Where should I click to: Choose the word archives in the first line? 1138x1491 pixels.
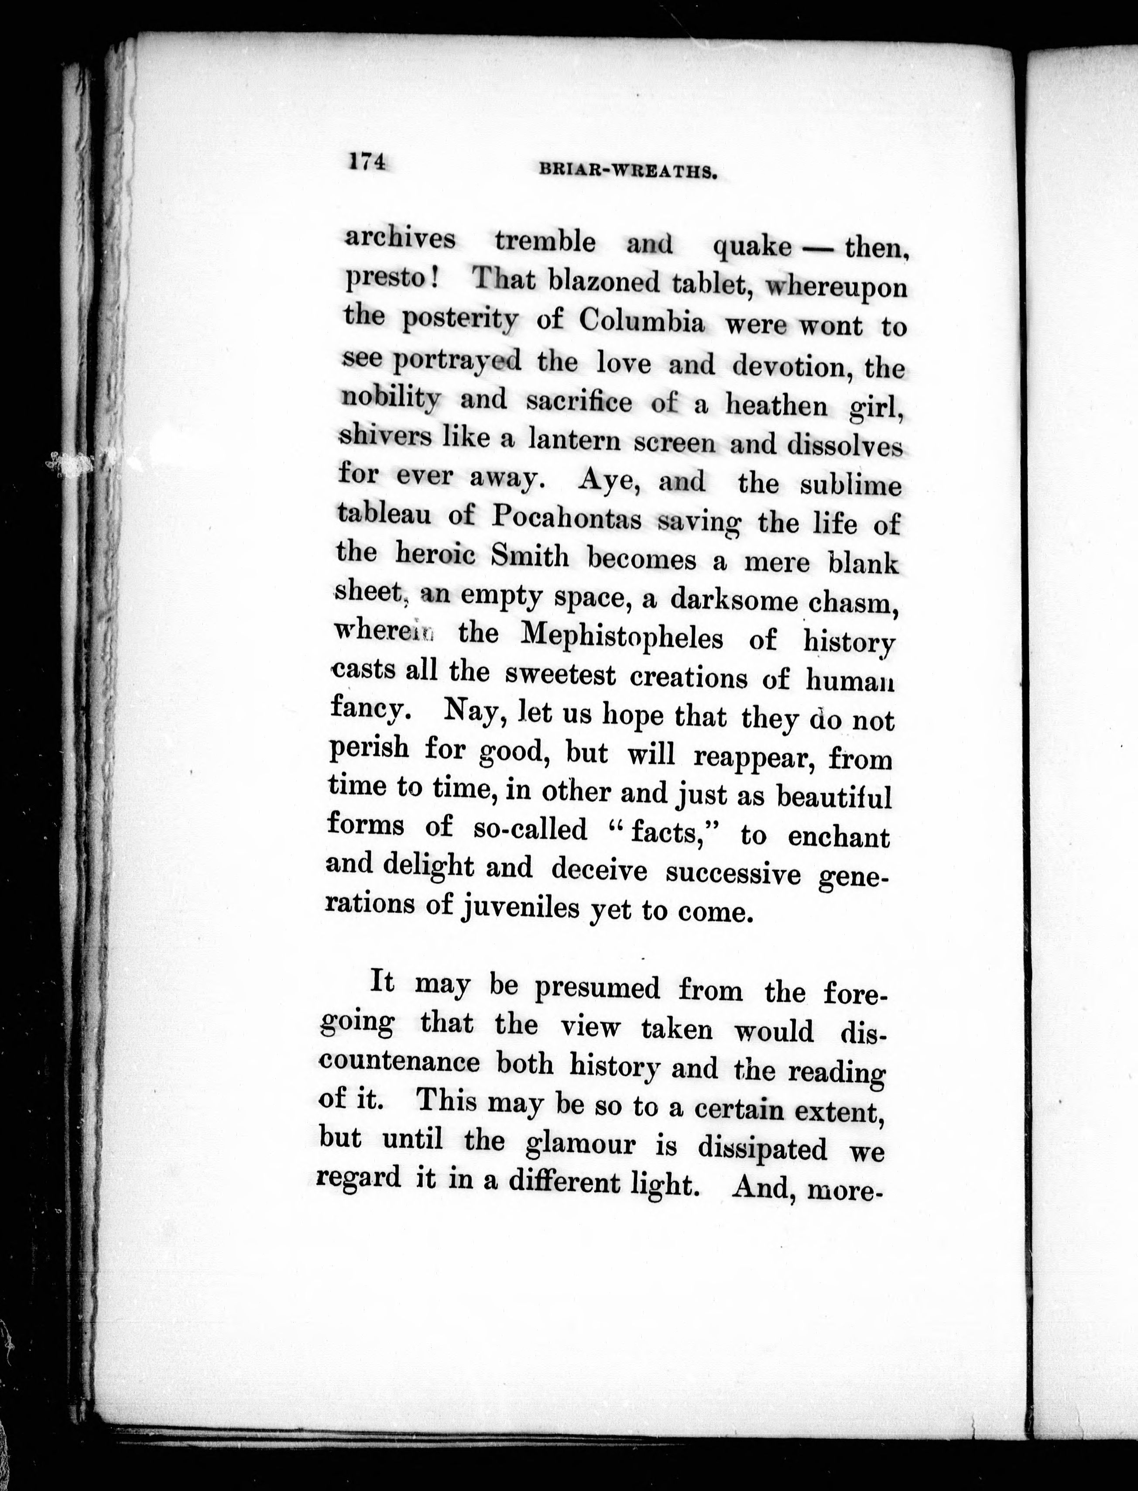400,238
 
